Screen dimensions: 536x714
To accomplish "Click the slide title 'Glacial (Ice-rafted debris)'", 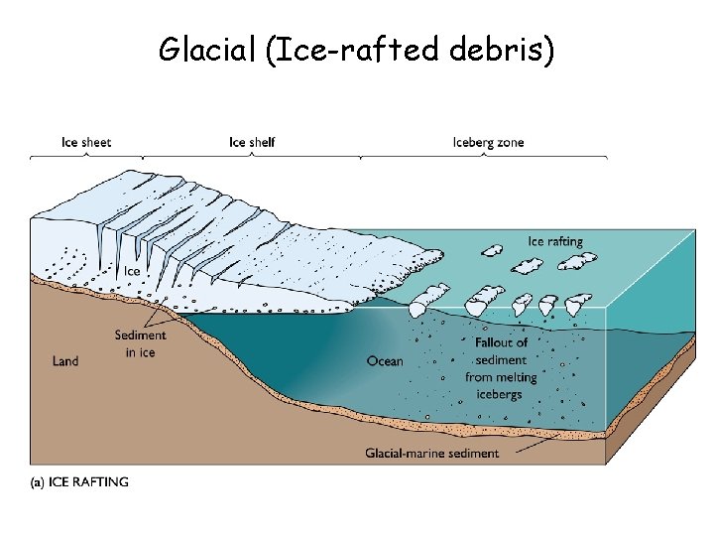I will click(357, 50).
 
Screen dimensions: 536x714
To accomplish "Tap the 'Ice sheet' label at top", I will click(86, 142).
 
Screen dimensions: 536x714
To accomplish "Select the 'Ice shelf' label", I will click(252, 142).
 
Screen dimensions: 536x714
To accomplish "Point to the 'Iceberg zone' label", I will click(488, 142).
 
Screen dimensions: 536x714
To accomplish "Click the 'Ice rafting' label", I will click(555, 241).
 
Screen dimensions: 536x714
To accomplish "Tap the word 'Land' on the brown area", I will click(65, 361).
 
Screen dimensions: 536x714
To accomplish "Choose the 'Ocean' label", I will click(385, 361).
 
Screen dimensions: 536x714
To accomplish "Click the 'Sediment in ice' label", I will click(140, 343).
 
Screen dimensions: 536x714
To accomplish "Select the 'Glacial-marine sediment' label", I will click(432, 454).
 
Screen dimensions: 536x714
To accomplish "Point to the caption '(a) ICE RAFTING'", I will click(80, 482).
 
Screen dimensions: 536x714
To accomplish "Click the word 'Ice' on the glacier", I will click(131, 270).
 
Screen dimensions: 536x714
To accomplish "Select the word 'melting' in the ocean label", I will click(515, 377).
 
